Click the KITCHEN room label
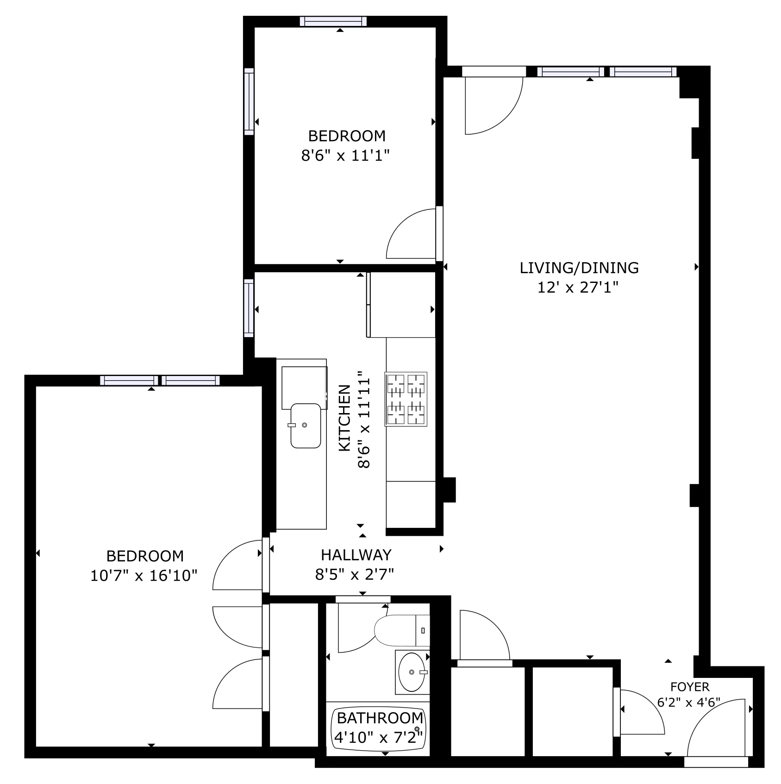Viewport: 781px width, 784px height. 345,418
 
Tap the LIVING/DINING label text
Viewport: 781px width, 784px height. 579,268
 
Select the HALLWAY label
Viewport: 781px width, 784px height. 356,555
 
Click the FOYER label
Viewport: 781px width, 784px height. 689,686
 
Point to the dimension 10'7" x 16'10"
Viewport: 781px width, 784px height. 144,576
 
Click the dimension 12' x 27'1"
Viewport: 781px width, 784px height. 578,288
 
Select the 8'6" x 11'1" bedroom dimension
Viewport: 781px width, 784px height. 345,156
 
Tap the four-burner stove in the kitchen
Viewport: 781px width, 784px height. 406,399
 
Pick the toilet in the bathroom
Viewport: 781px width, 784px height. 398,630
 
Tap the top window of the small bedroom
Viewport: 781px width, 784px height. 333,21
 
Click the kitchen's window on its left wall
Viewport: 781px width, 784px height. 249,308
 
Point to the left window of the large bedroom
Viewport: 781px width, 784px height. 129,381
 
